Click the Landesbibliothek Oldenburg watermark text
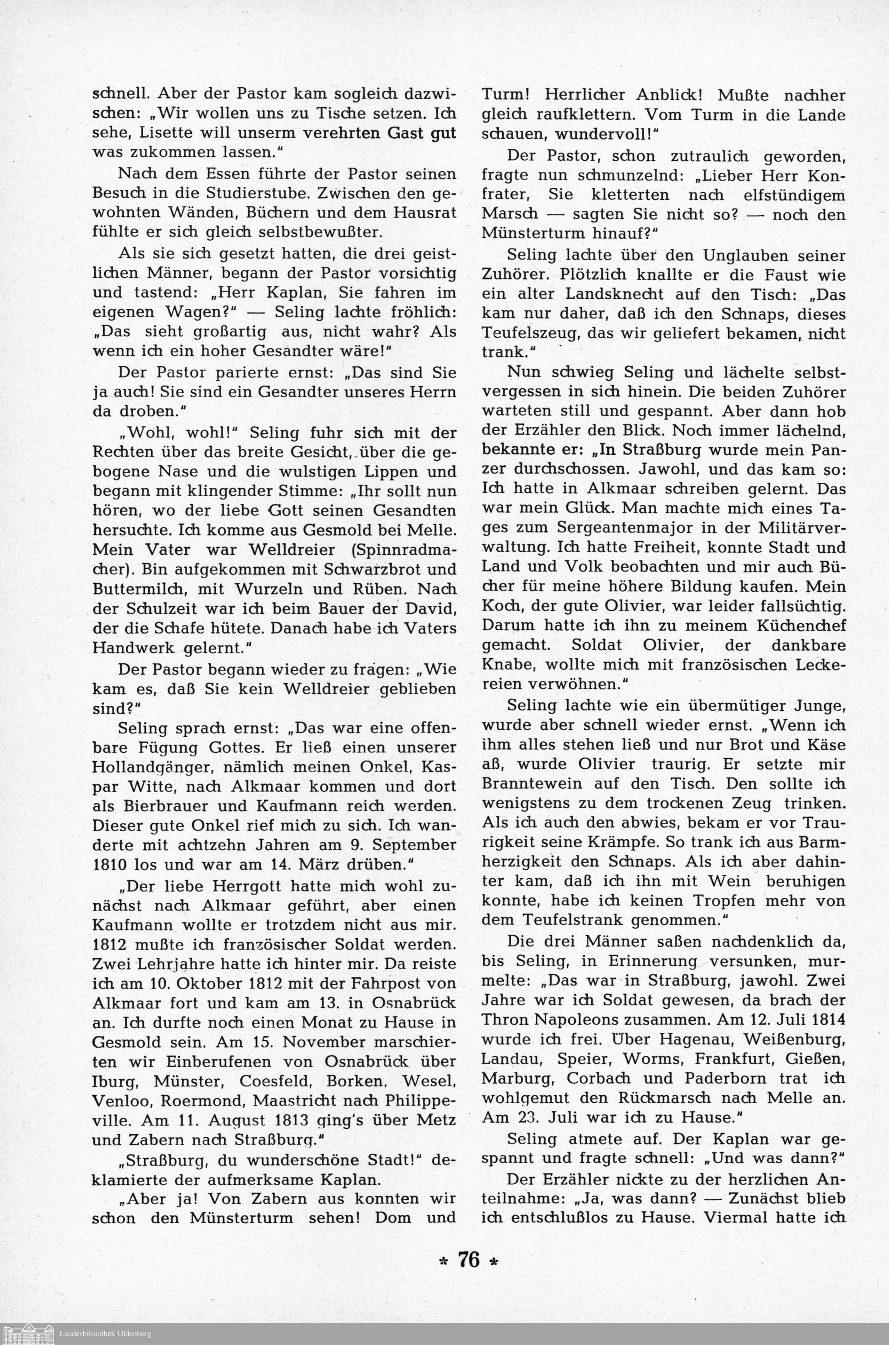point(105,1333)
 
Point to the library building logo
point(28,1333)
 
